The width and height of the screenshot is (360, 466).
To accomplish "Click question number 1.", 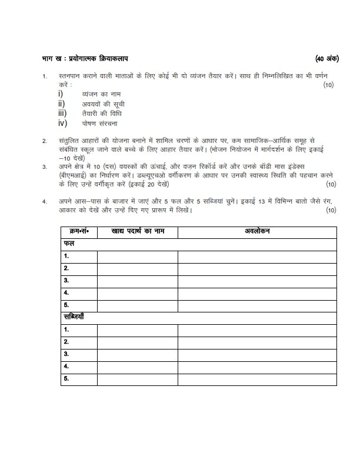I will point(44,77).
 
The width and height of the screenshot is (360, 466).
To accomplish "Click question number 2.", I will point(44,142).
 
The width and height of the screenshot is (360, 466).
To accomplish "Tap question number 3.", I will point(44,167).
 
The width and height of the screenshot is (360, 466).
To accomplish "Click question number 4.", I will point(44,202).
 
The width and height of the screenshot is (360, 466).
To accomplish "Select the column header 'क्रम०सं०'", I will point(79,231).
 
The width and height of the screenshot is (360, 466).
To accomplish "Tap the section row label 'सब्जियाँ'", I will point(75,317).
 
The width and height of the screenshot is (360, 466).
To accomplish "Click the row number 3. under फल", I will point(67,280).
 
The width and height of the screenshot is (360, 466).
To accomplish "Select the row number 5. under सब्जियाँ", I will point(67,378).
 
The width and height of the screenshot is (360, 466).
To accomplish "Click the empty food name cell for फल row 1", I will point(137,256).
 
